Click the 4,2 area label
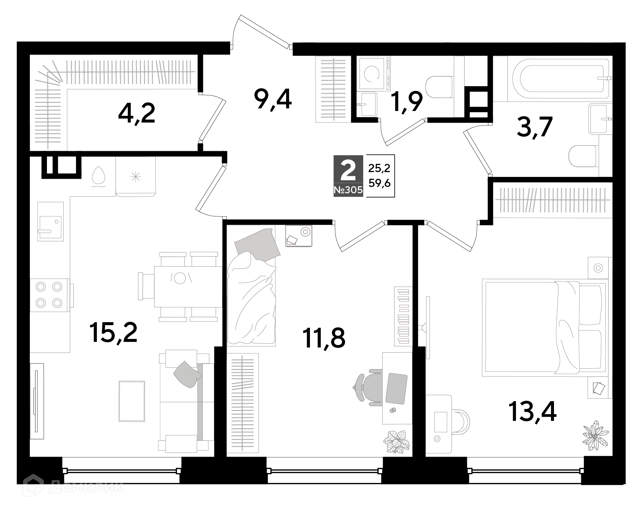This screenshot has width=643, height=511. coord(136,113)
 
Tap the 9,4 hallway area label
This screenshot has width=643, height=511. coord(272,99)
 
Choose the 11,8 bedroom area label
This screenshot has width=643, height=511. coord(324,338)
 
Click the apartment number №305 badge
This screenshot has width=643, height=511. coord(348,190)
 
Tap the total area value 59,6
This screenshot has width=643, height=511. coord(379,183)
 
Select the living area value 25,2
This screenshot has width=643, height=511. coord(379,168)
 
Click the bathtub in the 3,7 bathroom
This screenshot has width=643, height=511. coord(560,79)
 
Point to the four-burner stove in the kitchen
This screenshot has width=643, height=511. coord(48,295)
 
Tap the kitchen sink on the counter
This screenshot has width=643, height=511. coord(50,222)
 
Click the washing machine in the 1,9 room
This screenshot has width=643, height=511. coord(373,73)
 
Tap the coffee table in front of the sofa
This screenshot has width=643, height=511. coord(132,401)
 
